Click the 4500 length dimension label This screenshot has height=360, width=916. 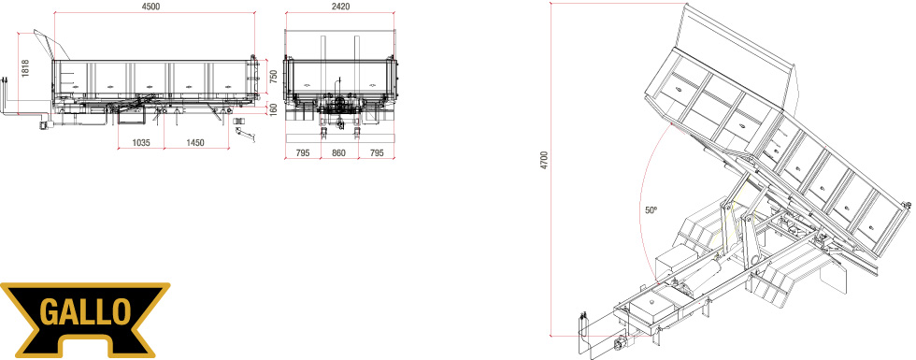tap(150, 6)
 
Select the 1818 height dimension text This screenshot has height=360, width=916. tap(24, 69)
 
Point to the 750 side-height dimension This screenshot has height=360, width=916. tap(273, 77)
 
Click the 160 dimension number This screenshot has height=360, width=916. tap(273, 109)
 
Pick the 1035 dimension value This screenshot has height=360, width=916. tap(141, 143)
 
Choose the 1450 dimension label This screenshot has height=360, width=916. tap(195, 143)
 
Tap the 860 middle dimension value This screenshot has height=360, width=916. tap(338, 153)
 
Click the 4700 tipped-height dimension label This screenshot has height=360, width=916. tap(544, 161)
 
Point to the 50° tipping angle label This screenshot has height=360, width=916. tap(651, 210)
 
